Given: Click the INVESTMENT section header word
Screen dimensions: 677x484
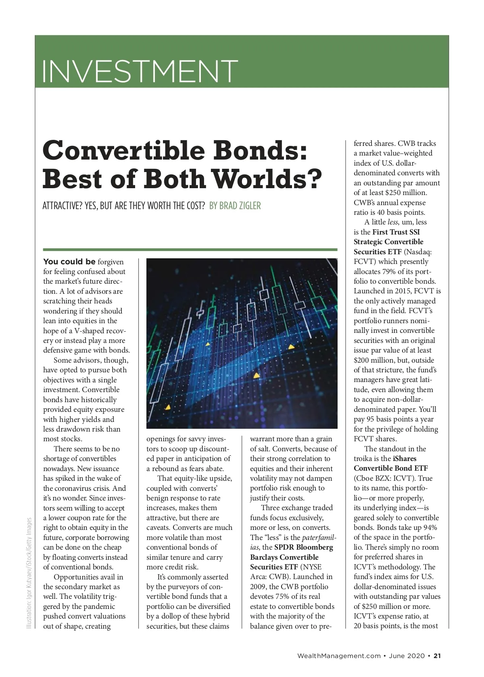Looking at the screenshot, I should (140, 71).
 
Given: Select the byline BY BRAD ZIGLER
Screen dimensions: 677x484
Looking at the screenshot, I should (235, 206).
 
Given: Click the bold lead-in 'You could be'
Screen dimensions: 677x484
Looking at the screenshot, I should (69, 262).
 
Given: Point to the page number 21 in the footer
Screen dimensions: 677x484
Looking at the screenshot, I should (437, 656).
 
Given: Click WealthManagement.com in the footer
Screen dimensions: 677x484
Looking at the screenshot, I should (339, 656).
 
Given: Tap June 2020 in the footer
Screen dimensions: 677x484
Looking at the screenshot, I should (407, 656).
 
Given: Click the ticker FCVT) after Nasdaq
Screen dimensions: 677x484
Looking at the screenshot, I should (365, 262).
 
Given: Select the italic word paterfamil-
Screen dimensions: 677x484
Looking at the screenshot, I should (319, 538).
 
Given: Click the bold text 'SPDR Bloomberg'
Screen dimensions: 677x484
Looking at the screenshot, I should (304, 547).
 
